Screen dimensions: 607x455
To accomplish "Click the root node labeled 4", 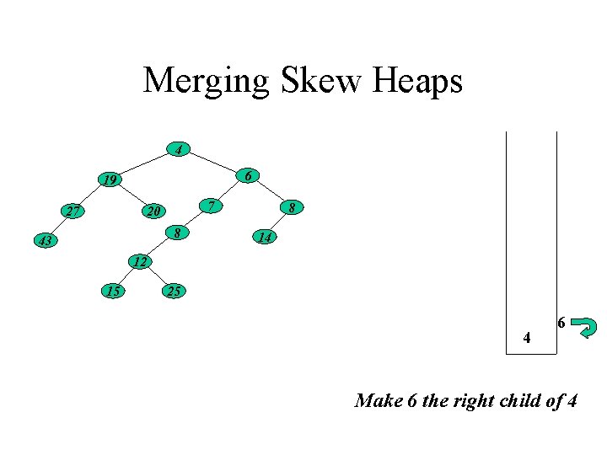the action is pyautogui.click(x=178, y=150).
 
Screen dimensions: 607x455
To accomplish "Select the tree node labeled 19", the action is pyautogui.click(x=109, y=179).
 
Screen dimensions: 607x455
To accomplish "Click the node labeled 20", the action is pyautogui.click(x=152, y=211).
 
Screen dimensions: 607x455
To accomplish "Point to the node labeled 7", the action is pyautogui.click(x=213, y=206).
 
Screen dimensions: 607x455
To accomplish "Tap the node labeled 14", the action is pyautogui.click(x=265, y=238).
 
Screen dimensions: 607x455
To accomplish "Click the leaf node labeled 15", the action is pyautogui.click(x=112, y=291).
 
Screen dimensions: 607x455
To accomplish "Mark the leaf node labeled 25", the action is pyautogui.click(x=173, y=292).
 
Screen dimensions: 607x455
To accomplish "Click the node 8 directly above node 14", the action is pyautogui.click(x=291, y=206).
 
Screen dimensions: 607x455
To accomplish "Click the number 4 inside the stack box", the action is pyautogui.click(x=527, y=339).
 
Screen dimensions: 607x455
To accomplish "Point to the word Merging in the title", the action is pyautogui.click(x=206, y=82).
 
